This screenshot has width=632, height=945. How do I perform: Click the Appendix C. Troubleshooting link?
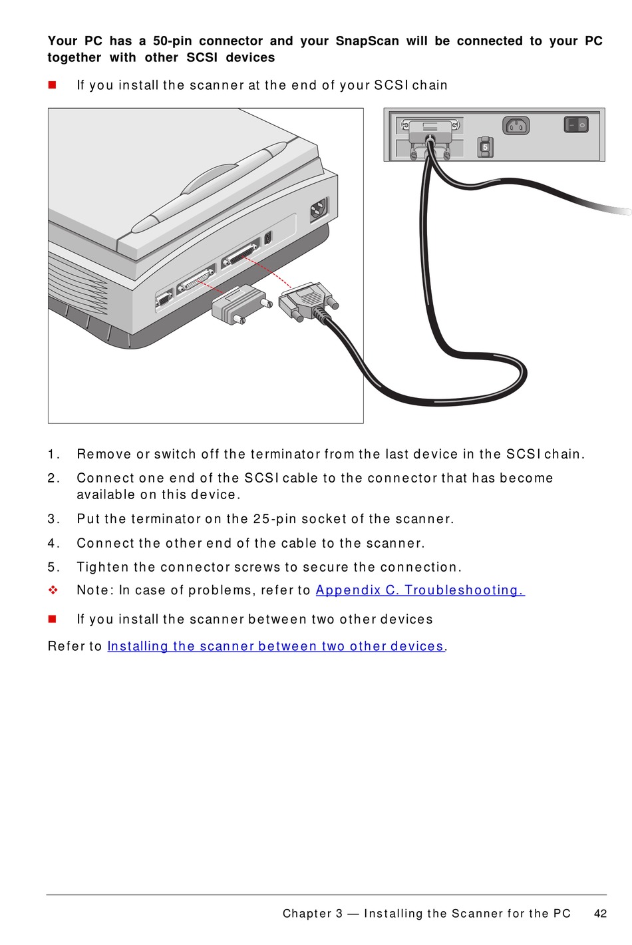[420, 590]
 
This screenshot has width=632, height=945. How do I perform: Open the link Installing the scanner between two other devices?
[275, 646]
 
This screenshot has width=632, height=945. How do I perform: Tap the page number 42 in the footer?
[600, 913]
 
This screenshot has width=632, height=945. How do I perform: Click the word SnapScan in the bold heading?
[367, 41]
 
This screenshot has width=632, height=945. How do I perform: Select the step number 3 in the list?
[53, 518]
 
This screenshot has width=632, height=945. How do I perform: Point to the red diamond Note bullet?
[53, 590]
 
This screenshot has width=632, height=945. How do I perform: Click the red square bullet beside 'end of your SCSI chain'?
[53, 85]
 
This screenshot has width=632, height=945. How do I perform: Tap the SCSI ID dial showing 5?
[485, 147]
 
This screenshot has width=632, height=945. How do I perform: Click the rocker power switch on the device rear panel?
[576, 125]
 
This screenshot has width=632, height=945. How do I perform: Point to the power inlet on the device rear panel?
[516, 126]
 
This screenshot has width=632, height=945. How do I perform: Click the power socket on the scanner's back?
[319, 209]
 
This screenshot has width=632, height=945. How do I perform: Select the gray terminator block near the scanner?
[240, 304]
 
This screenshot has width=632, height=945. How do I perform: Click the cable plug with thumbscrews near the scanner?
[308, 300]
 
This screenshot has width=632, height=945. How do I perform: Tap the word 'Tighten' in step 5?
[102, 568]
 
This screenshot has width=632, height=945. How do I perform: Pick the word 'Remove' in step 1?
[104, 454]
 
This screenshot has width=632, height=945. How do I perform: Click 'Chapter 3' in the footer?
[313, 913]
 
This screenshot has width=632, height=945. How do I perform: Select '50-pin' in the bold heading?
[172, 41]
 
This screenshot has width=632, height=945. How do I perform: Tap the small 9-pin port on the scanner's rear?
[164, 300]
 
